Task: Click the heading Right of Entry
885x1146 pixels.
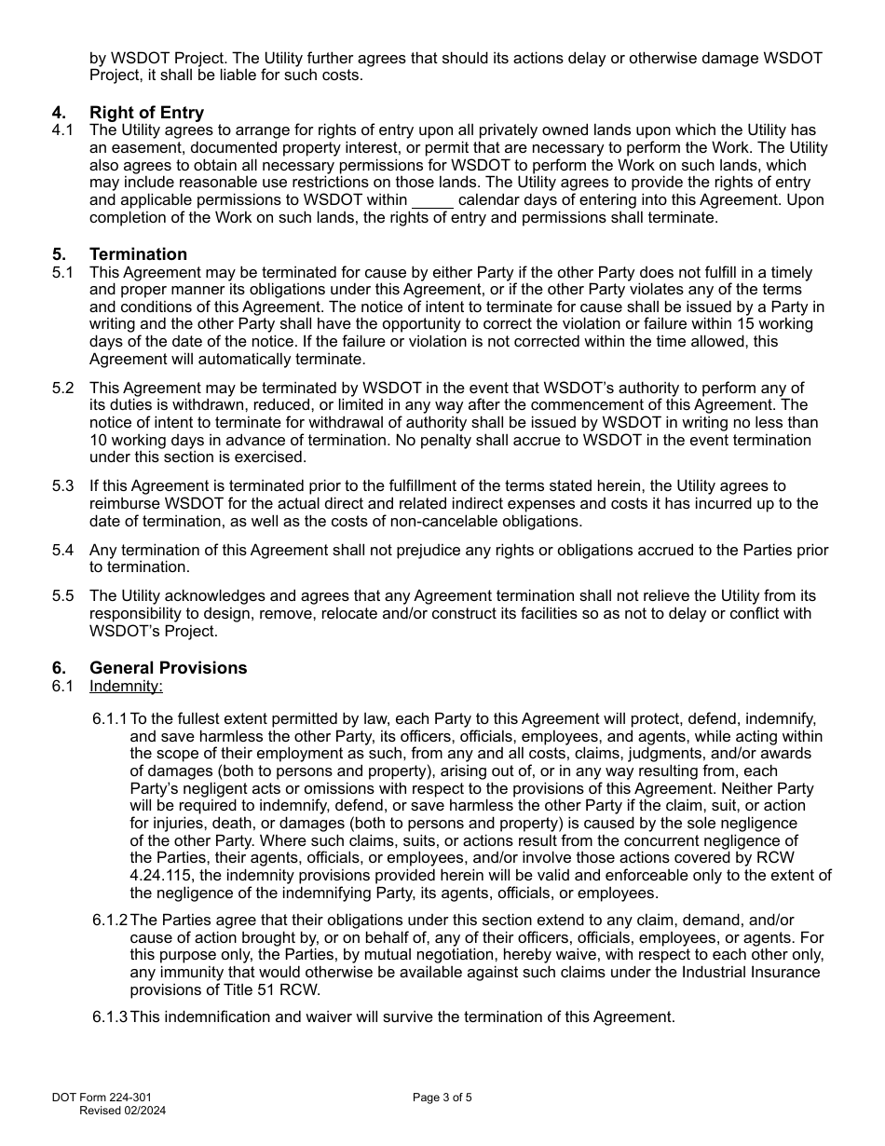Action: coord(146,113)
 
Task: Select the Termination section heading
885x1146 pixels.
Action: coord(138,254)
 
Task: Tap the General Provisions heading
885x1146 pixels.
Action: coord(168,668)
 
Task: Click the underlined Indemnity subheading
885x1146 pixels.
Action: coord(126,686)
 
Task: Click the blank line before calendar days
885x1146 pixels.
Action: coord(432,200)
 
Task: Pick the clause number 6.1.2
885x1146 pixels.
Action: coord(110,921)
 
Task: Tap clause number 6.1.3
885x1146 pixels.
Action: coord(110,1016)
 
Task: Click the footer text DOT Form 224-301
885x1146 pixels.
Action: coord(102,1098)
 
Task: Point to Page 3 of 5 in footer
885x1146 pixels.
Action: coord(442,1098)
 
